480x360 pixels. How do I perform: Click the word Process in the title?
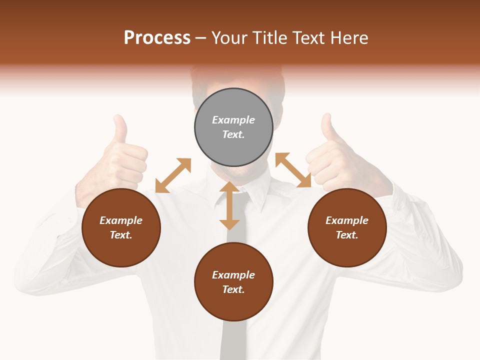click(157, 37)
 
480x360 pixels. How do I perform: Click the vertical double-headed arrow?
click(229, 205)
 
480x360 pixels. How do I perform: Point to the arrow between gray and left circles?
click(173, 175)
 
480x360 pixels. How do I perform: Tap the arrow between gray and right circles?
click(293, 170)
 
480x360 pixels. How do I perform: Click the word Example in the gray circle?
click(233, 120)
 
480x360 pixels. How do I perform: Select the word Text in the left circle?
click(121, 235)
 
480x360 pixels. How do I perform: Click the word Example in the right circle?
click(347, 220)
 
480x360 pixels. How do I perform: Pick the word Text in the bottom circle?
click(233, 289)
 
